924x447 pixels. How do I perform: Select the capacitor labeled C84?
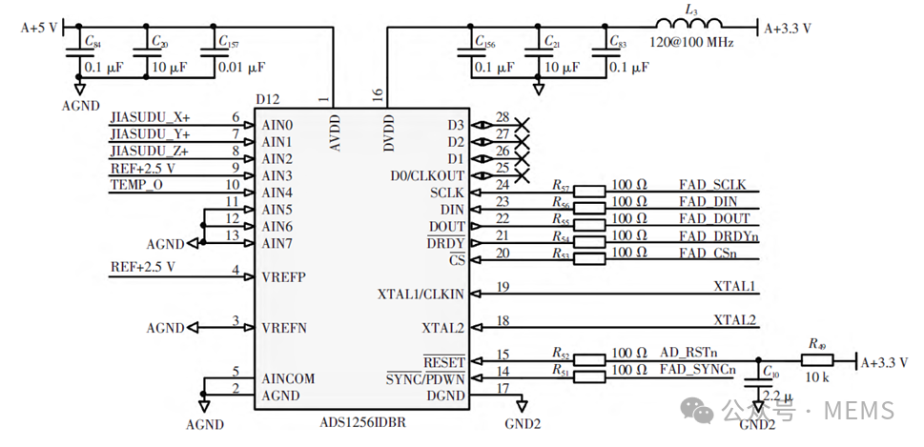[x=76, y=55]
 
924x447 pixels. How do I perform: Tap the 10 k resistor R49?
[x=817, y=360]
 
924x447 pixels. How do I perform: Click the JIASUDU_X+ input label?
[x=150, y=117]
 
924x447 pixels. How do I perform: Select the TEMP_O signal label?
[x=136, y=184]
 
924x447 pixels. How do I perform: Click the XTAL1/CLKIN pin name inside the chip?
[x=421, y=295]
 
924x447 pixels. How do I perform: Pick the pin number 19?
[x=503, y=286]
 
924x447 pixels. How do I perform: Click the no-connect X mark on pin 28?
[x=522, y=124]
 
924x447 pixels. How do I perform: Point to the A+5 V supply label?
[x=40, y=28]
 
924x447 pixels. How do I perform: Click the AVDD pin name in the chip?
[x=334, y=134]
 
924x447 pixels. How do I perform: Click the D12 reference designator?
[x=268, y=98]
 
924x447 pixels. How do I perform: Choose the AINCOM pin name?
[x=288, y=378]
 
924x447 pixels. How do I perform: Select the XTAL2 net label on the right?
[x=734, y=319]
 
